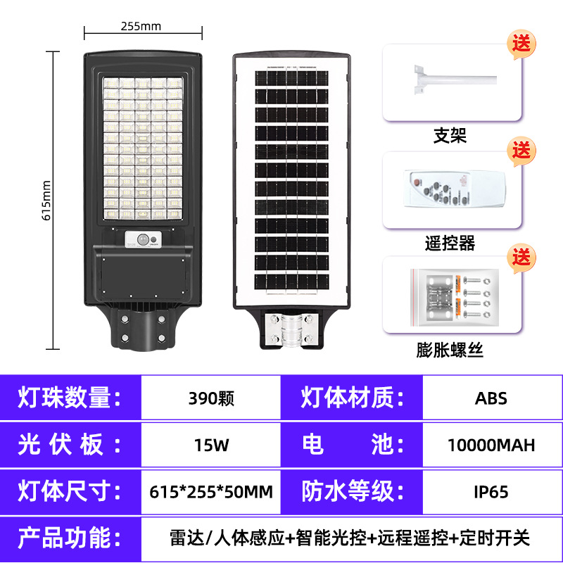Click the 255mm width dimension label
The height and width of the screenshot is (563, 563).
[141, 27]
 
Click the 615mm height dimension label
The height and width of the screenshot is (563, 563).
[47, 201]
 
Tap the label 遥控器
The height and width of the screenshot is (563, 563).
[450, 243]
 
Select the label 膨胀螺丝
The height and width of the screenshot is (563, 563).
[450, 350]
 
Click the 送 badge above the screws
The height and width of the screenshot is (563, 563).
[521, 257]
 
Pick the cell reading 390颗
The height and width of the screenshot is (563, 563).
[211, 398]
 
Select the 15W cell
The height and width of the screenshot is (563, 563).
[211, 445]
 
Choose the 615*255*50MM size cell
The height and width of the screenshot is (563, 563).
[211, 491]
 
